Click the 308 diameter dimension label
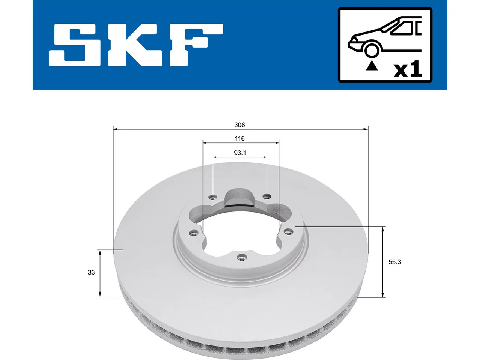pyautogui.click(x=240, y=125)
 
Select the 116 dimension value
pyautogui.click(x=240, y=139)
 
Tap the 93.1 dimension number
pyautogui.click(x=240, y=153)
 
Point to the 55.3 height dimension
pyautogui.click(x=394, y=262)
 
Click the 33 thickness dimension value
pyautogui.click(x=91, y=272)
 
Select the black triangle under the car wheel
pyautogui.click(x=372, y=66)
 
